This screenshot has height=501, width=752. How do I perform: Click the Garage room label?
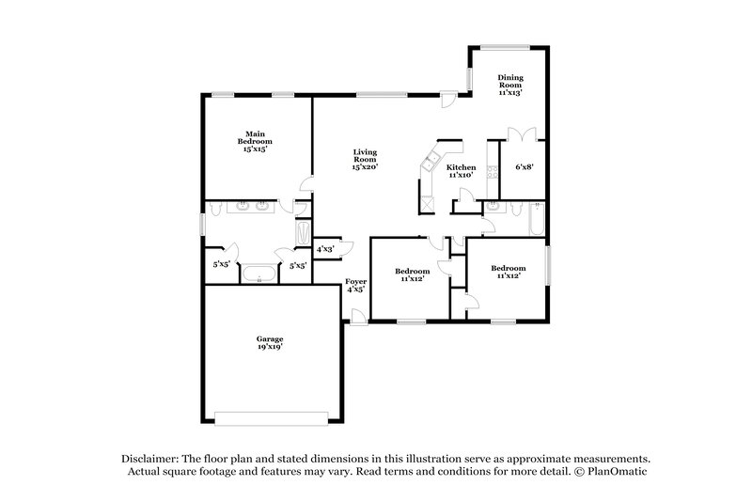pyautogui.click(x=270, y=342)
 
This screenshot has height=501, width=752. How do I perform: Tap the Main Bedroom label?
pyautogui.click(x=255, y=141)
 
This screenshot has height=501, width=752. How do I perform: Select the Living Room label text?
pyautogui.click(x=365, y=159)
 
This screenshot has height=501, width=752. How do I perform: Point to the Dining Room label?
pyautogui.click(x=510, y=85)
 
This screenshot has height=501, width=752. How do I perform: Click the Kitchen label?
pyautogui.click(x=461, y=171)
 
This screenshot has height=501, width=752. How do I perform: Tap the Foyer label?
pyautogui.click(x=355, y=285)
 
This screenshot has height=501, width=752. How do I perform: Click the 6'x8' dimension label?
pyautogui.click(x=524, y=167)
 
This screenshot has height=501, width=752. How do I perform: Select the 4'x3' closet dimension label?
pyautogui.click(x=326, y=249)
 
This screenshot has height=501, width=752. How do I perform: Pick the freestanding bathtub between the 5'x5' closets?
pyautogui.click(x=258, y=274)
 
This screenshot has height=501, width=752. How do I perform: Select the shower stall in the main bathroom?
pyautogui.click(x=304, y=231)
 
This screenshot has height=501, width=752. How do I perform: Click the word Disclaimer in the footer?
pyautogui.click(x=150, y=457)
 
